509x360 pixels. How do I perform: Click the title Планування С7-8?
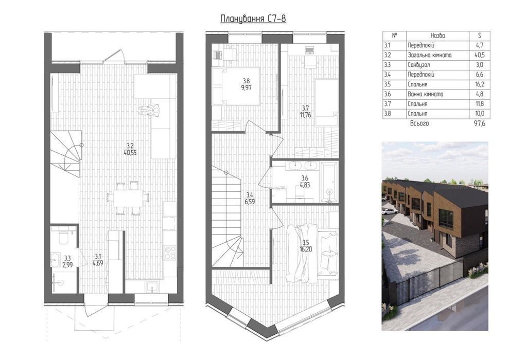253,19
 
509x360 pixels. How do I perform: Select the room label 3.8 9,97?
246,84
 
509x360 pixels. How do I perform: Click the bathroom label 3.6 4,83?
305,182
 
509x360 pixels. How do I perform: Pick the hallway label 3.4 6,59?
250,198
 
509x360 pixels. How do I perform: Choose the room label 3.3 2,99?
67,261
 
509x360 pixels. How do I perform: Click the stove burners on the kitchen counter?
170,253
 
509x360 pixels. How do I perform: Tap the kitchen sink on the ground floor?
152,287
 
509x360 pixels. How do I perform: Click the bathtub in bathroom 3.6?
329,183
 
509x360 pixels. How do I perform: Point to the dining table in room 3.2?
128,198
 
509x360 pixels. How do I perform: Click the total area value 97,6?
479,123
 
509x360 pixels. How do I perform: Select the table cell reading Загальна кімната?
429,55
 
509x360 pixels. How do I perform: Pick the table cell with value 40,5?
480,55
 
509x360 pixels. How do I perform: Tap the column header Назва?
437,35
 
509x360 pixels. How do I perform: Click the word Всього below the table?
419,123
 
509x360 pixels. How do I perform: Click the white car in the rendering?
390,211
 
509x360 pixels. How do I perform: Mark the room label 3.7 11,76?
307,111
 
